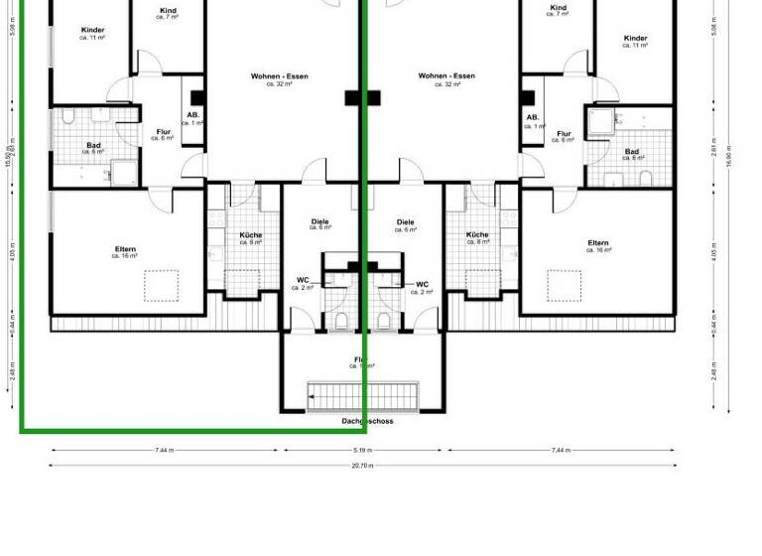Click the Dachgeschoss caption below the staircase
pyautogui.click(x=367, y=421)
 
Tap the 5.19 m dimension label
pyautogui.click(x=362, y=450)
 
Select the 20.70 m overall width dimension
pyautogui.click(x=363, y=465)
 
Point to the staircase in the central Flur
pyautogui.click(x=363, y=395)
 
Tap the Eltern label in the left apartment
pyautogui.click(x=125, y=250)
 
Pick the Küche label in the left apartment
pyautogui.click(x=251, y=236)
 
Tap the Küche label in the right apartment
pyautogui.click(x=477, y=236)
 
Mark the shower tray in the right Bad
pyautogui.click(x=600, y=121)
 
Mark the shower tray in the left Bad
pyautogui.click(x=126, y=174)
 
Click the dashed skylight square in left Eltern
pyautogui.click(x=161, y=285)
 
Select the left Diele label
pyautogui.click(x=319, y=223)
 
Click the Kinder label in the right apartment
pyautogui.click(x=636, y=40)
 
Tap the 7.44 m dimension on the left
pyautogui.click(x=164, y=450)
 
